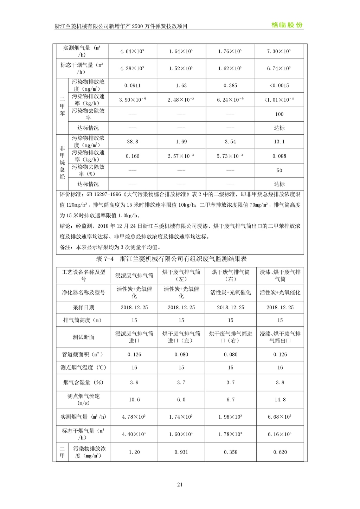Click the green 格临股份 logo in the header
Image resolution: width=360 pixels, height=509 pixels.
(287, 25)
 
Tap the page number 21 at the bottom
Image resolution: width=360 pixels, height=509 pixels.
(180, 484)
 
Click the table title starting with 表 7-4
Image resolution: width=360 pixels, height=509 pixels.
(171, 259)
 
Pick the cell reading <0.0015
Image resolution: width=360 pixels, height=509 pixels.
(279, 85)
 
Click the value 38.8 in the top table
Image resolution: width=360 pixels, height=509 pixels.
(132, 142)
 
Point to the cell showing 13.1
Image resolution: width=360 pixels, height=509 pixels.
(279, 142)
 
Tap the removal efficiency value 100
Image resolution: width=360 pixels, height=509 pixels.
(279, 114)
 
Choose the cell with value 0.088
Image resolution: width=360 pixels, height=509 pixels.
(279, 156)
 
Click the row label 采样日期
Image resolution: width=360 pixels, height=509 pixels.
(83, 307)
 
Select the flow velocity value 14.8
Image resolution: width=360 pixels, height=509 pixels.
(280, 400)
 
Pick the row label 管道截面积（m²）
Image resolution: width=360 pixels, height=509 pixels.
(83, 354)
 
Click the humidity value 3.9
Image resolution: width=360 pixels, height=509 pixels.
(134, 382)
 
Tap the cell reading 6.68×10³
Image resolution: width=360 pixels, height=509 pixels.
(280, 417)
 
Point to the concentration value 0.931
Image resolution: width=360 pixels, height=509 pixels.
(181, 452)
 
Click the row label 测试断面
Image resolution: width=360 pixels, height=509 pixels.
(83, 337)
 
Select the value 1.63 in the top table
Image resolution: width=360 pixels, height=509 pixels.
(181, 85)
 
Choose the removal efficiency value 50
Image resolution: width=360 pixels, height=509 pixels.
(279, 170)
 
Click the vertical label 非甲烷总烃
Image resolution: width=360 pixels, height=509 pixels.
(62, 163)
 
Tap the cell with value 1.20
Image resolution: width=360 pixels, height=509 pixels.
(134, 452)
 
